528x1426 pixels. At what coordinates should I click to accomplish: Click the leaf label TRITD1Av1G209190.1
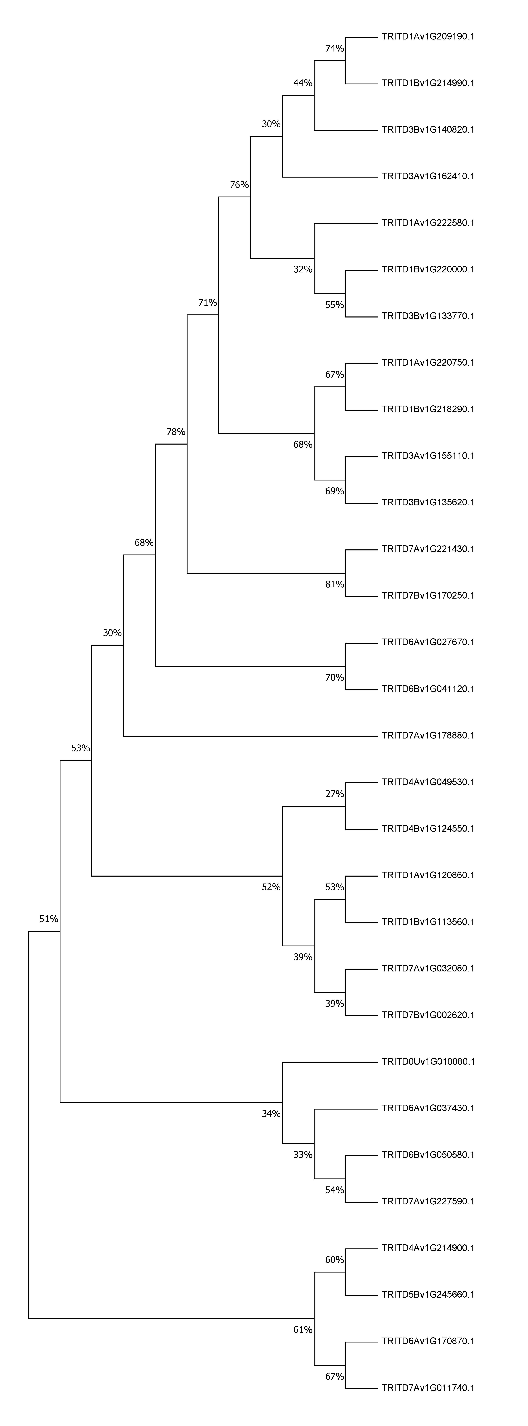[428, 37]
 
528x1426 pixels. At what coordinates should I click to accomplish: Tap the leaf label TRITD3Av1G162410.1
[428, 177]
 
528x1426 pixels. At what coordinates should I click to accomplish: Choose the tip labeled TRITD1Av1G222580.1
[428, 223]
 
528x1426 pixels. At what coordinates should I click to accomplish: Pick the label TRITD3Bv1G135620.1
[428, 503]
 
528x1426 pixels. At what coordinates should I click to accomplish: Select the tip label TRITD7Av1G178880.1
[428, 736]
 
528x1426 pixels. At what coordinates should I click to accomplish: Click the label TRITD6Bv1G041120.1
[428, 689]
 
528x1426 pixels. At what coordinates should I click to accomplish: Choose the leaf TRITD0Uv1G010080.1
[428, 1062]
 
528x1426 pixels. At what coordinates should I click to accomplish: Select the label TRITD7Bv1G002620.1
[428, 1015]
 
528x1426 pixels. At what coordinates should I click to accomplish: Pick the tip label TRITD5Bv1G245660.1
[428, 1295]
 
